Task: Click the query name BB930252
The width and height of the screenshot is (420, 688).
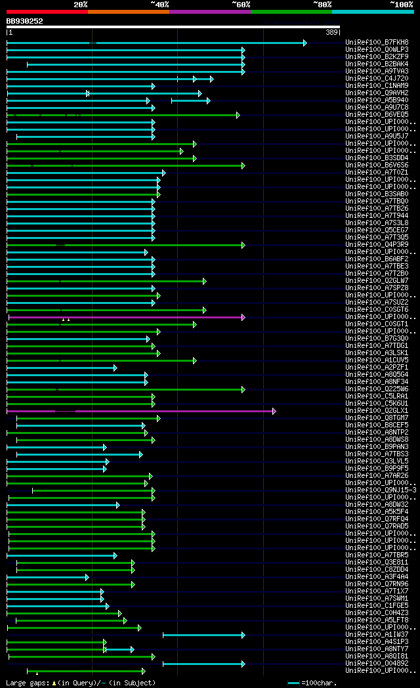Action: point(25,21)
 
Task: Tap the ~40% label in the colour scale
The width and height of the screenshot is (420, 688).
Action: point(159,4)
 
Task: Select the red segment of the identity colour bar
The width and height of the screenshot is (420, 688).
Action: point(47,11)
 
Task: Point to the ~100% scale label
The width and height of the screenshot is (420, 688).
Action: point(401,4)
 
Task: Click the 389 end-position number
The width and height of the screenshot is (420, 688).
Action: point(331,32)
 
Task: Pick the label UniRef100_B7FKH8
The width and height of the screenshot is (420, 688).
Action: point(377,43)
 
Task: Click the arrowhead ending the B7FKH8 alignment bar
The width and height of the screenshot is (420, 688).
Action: point(304,43)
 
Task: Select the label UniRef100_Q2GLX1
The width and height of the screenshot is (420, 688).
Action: point(377,411)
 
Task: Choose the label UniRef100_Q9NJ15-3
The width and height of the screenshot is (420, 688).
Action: point(381,490)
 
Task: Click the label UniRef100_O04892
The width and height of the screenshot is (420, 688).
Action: point(377,664)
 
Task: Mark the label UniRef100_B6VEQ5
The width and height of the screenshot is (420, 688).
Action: point(377,115)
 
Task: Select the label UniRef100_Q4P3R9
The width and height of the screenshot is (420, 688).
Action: point(377,245)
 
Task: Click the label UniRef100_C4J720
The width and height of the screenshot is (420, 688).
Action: point(377,79)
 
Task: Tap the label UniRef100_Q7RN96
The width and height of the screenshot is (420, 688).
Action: point(377,584)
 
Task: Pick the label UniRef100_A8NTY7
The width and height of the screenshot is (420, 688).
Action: point(377,649)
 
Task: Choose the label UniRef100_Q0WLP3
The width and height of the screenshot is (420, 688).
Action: point(377,50)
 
